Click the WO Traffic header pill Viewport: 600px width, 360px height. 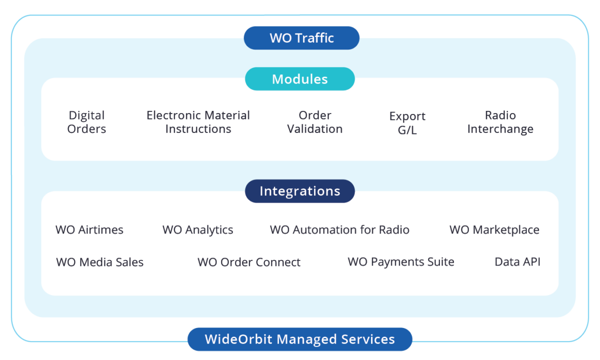301,38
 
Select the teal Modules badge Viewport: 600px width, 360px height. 300,79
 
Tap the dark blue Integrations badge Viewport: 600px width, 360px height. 300,191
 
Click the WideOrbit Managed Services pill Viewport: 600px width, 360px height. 300,339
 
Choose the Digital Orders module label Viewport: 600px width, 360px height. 87,122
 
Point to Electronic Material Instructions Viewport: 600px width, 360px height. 198,122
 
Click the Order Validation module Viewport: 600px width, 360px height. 315,122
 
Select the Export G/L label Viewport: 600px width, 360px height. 407,123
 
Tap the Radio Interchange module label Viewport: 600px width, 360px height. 500,122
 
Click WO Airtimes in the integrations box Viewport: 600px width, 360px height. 89,230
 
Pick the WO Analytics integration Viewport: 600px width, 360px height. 198,230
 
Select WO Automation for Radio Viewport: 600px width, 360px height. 339,230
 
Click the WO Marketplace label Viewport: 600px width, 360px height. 494,230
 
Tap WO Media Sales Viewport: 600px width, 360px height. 100,262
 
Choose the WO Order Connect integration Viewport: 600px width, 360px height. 249,262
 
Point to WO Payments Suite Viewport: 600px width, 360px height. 401,262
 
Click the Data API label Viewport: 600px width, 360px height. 517,262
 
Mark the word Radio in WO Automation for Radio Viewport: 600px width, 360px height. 394,230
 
